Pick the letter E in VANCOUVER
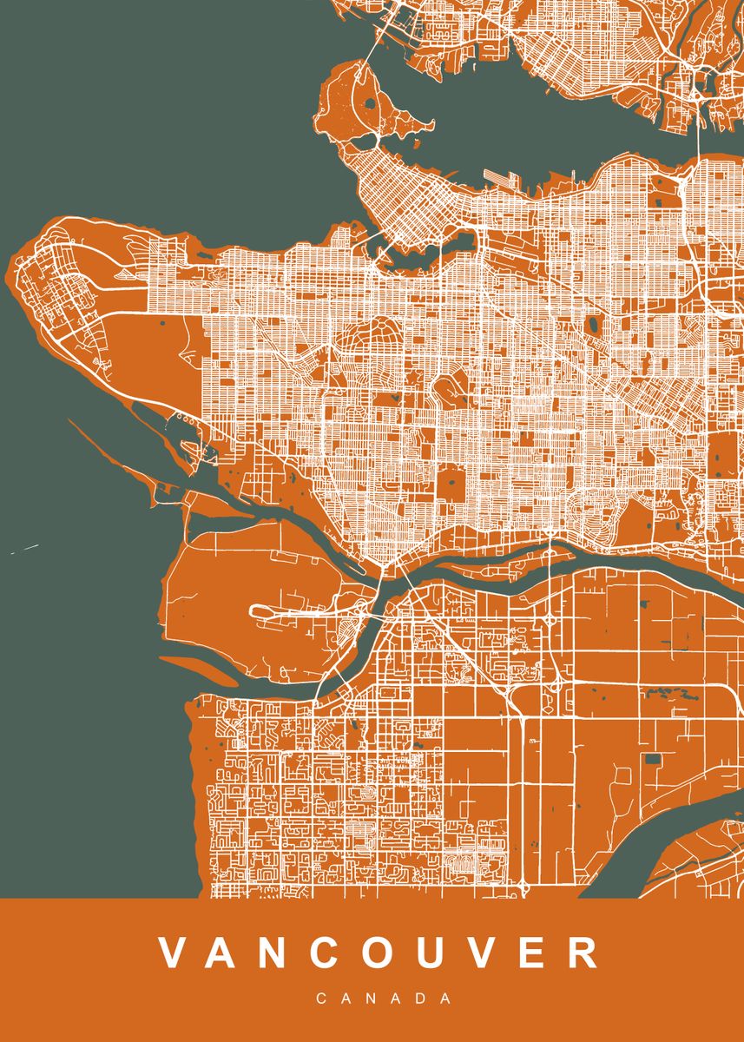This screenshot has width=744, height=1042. point(537,952)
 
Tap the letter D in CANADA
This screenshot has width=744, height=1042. point(420,999)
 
